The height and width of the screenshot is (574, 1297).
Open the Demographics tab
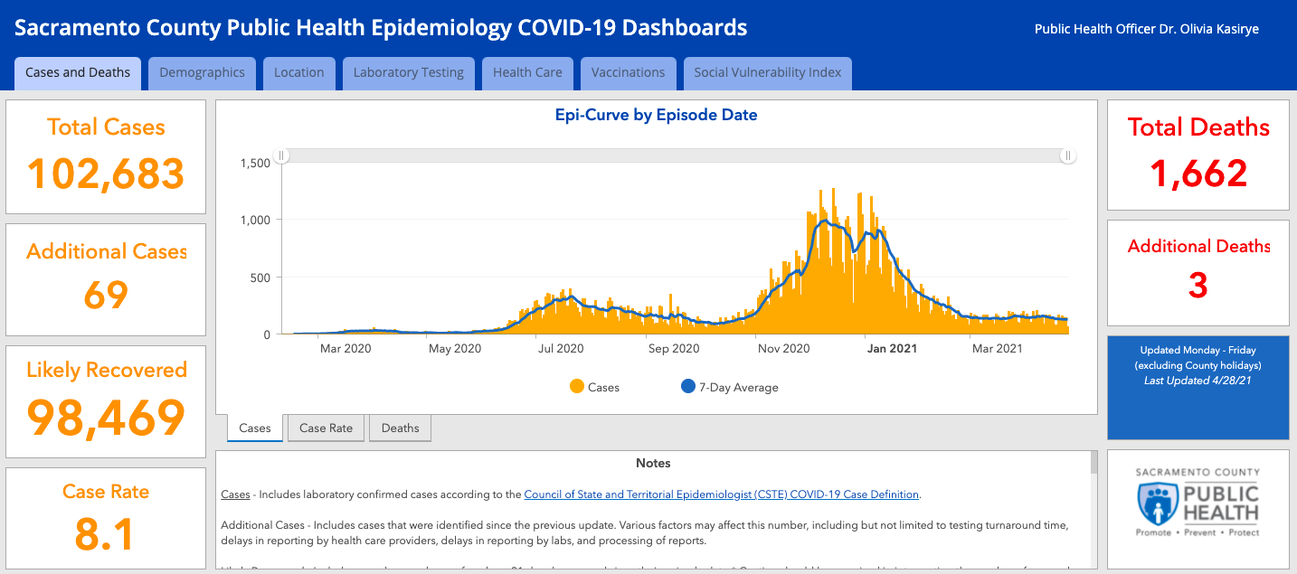coord(202,73)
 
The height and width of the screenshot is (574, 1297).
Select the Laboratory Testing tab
coord(409,73)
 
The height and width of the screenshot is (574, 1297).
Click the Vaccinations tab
coord(628,73)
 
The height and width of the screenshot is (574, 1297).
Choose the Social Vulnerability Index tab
coord(767,73)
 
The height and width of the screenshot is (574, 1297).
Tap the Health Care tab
coord(527,73)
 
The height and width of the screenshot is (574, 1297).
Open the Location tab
coord(298,73)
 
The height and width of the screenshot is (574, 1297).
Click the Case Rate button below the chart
coord(326,428)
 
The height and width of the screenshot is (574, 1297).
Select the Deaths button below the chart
coord(400,428)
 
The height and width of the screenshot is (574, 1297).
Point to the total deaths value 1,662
coord(1198,174)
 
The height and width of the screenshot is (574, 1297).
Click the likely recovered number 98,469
coord(106,417)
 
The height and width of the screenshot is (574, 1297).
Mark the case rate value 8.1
coord(106,533)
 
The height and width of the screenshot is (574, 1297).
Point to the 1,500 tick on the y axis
coord(255,163)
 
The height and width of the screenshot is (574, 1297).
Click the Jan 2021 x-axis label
coord(892,349)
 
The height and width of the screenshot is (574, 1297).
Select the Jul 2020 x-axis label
coord(561,349)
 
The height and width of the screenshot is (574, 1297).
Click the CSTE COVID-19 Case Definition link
coord(721,494)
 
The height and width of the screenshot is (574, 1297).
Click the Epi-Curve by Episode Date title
coord(656,115)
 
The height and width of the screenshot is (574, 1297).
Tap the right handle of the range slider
coord(1068,155)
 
